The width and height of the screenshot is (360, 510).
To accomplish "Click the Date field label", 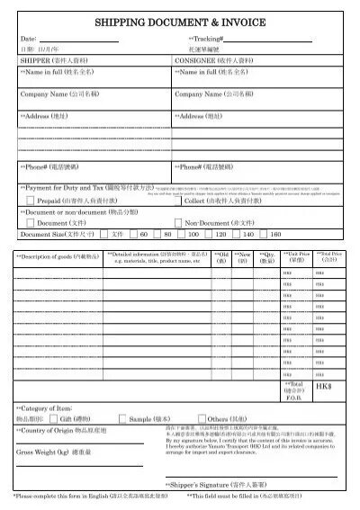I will click(27, 40).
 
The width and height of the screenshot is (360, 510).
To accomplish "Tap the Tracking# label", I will click(204, 40).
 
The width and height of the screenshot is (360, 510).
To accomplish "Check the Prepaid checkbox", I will click(31, 201).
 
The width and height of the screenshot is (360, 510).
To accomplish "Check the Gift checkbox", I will click(52, 420).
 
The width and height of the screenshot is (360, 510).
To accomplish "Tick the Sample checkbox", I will click(122, 420).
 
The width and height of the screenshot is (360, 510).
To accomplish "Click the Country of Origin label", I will click(54, 431).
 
